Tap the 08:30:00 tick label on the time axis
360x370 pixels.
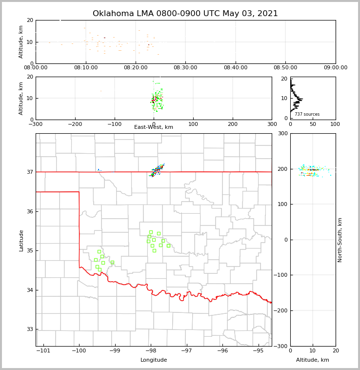pyautogui.click(x=185, y=68)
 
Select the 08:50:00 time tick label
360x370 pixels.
pyautogui.click(x=285, y=68)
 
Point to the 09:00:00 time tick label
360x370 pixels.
pyautogui.click(x=335, y=68)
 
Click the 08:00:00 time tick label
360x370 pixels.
pyautogui.click(x=36, y=68)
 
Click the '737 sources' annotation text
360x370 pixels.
pyautogui.click(x=307, y=114)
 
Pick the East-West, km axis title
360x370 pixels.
pyautogui.click(x=154, y=127)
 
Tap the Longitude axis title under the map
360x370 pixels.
pyautogui.click(x=154, y=360)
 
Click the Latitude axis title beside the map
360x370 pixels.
pyautogui.click(x=21, y=240)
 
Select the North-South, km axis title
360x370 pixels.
pyautogui.click(x=340, y=240)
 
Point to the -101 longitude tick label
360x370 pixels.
pyautogui.click(x=43, y=350)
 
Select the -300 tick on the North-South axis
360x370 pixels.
pyautogui.click(x=282, y=346)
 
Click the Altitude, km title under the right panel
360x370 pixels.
pyautogui.click(x=313, y=360)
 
